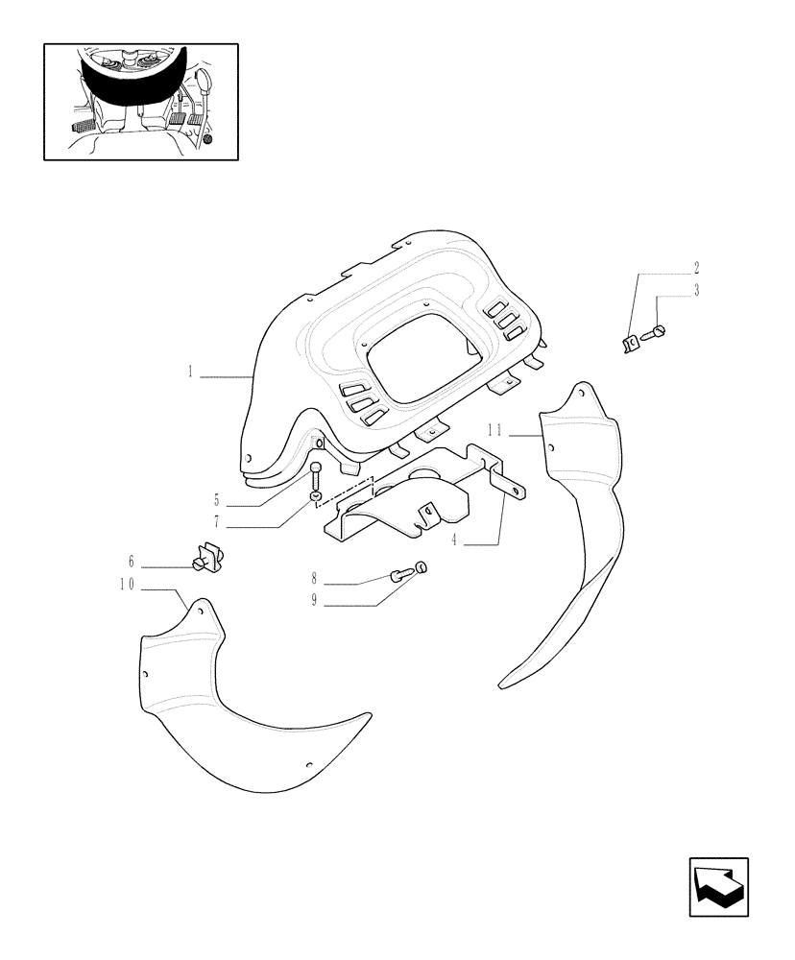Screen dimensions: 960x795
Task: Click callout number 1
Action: [192, 372]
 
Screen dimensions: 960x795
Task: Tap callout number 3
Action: [697, 289]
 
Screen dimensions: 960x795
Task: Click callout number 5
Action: [218, 499]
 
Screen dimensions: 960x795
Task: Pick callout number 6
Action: [131, 561]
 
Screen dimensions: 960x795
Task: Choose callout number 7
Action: [218, 522]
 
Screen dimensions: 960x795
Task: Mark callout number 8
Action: [314, 580]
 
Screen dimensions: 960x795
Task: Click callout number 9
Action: [314, 602]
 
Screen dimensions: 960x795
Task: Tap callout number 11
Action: [494, 431]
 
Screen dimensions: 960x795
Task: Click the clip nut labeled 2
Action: [630, 342]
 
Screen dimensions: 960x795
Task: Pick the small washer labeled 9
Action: [421, 567]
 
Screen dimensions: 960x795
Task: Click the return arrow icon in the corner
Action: [718, 888]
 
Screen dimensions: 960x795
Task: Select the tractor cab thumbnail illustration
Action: [141, 101]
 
